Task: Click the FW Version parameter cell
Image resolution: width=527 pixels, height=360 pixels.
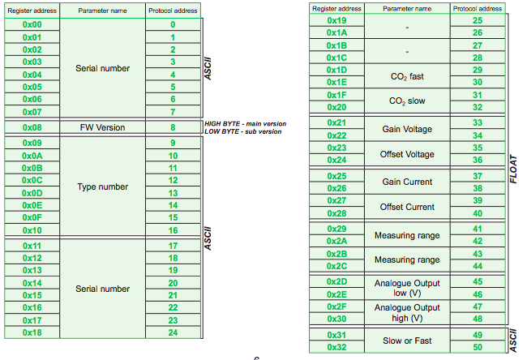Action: coord(103,127)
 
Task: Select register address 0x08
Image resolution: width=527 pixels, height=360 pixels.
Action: coord(32,127)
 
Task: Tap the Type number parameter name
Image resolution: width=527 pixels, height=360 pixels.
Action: coord(103,186)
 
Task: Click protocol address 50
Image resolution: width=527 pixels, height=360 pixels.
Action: coord(477,347)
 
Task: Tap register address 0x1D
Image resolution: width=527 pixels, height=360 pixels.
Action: coord(336,70)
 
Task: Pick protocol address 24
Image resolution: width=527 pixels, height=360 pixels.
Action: coord(173,332)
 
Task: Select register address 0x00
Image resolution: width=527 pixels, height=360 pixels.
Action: coord(32,24)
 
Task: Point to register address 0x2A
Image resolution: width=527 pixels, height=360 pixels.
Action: coord(336,241)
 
